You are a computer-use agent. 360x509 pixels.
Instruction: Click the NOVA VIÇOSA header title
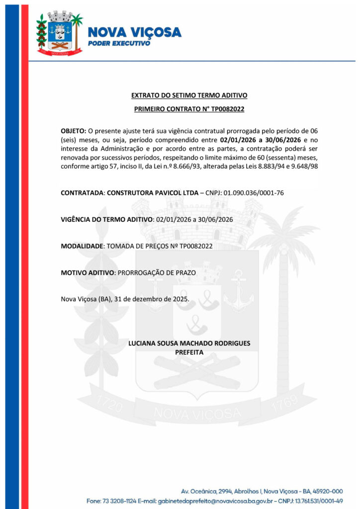[134, 32]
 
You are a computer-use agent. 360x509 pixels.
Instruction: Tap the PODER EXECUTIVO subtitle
[119, 44]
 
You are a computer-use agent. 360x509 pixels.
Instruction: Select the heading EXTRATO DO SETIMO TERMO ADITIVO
[189, 95]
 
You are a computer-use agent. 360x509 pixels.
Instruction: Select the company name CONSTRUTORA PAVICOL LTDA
[155, 192]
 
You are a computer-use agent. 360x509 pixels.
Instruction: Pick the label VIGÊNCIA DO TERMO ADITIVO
[106, 219]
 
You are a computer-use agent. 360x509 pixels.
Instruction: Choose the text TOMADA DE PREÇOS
[137, 246]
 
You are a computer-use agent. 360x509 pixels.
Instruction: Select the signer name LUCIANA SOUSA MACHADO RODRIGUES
[189, 343]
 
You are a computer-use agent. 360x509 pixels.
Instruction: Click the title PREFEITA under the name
[189, 352]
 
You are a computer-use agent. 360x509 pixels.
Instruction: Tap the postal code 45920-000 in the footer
[325, 491]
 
